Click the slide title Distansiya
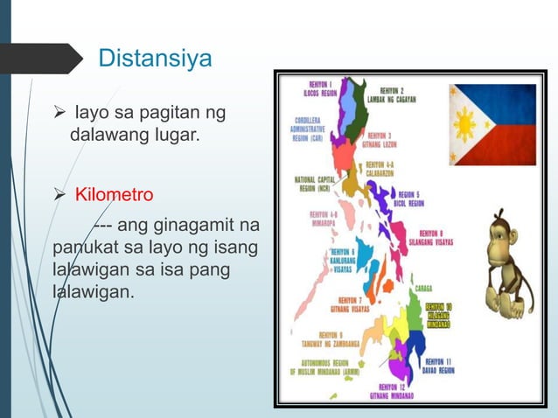(155, 59)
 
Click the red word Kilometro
(114, 193)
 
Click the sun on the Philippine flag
(465, 126)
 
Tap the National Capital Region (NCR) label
(314, 185)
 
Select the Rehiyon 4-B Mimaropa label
(326, 218)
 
